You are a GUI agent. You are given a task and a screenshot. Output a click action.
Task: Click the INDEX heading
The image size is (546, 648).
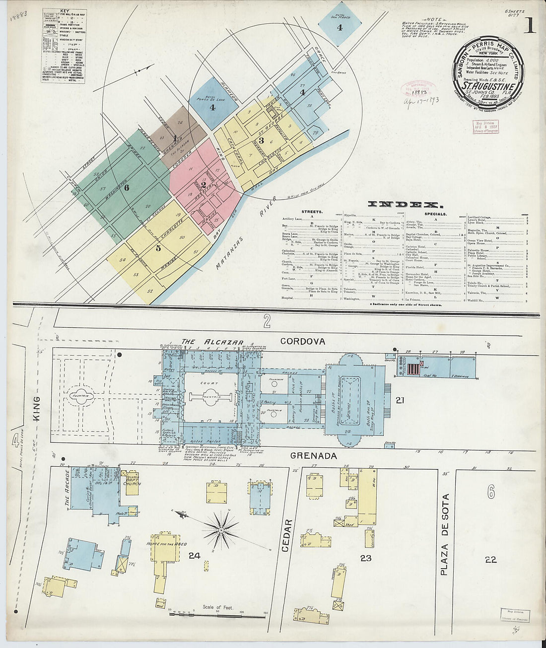point(404,204)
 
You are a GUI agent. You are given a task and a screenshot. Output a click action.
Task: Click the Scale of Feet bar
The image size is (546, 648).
point(218,614)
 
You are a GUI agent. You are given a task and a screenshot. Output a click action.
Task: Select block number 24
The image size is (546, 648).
point(194,555)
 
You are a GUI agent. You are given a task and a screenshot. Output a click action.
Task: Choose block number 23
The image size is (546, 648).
point(366,558)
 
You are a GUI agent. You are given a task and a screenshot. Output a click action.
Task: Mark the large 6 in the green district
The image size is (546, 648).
point(127,188)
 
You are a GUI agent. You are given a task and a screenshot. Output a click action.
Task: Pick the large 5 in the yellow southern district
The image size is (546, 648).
point(158,248)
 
